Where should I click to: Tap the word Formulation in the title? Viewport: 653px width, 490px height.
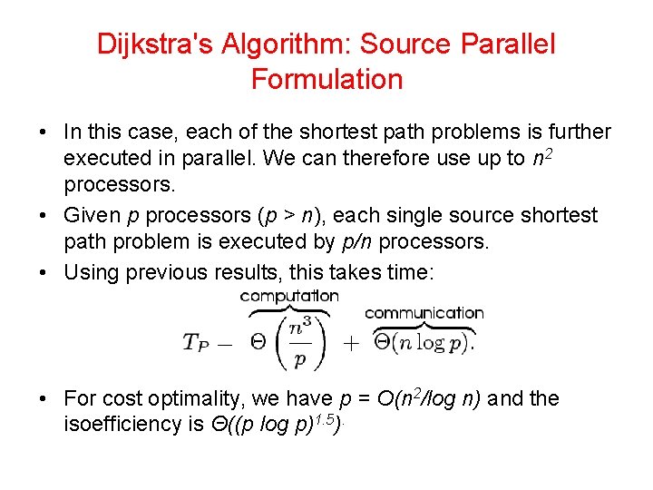click(326, 79)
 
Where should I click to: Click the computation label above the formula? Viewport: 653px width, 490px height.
click(289, 295)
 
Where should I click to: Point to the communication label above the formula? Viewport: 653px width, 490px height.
click(424, 312)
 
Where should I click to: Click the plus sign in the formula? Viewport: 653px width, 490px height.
click(352, 344)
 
